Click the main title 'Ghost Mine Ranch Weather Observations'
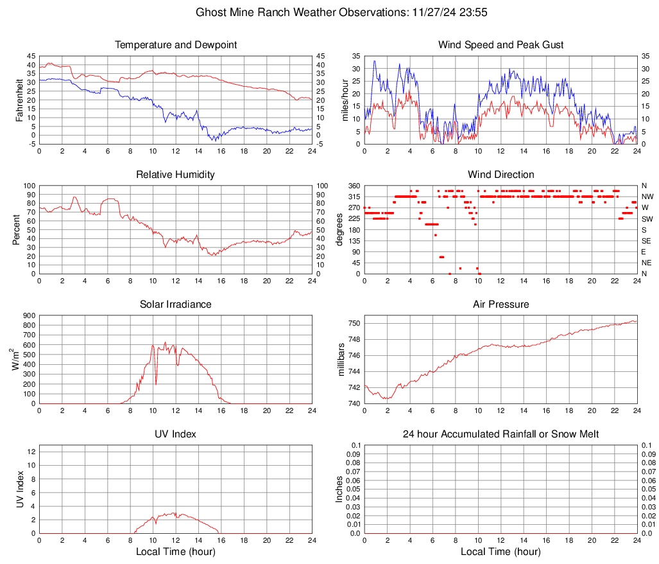(x=329, y=12)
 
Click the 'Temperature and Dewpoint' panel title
(x=176, y=45)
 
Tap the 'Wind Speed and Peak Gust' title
(x=501, y=45)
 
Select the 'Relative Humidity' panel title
(x=176, y=175)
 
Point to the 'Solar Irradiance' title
(x=176, y=304)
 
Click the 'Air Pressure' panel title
(x=501, y=304)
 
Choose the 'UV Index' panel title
(x=176, y=434)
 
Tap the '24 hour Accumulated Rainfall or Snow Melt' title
(x=501, y=434)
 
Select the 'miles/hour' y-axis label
(x=345, y=100)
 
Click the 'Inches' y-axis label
(x=339, y=489)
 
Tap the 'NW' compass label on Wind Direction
(x=647, y=197)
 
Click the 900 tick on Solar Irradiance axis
(x=30, y=315)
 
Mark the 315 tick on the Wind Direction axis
(x=354, y=197)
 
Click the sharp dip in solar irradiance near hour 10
(x=156, y=383)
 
